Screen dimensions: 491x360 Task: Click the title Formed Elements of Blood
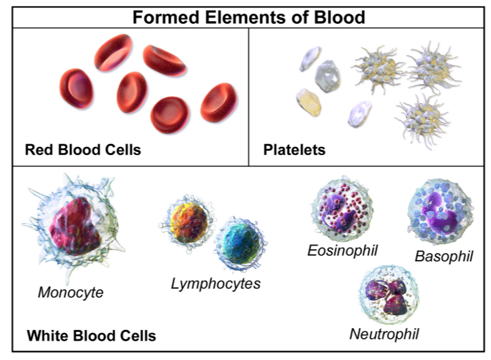point(249,17)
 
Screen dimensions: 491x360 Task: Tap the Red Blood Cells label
point(83,149)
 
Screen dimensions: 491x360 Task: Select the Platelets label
point(295,150)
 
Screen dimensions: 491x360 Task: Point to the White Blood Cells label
point(91,336)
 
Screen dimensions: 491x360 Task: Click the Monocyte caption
point(71,292)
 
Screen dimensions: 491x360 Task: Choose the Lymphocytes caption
point(216,284)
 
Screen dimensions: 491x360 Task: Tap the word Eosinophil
point(343,251)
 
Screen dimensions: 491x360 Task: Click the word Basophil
point(443,256)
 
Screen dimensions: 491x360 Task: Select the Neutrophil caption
point(384,334)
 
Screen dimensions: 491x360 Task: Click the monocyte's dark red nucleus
point(74,225)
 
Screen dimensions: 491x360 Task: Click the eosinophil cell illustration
point(342,209)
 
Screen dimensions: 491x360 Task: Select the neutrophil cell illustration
point(389,295)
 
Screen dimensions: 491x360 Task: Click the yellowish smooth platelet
point(308,102)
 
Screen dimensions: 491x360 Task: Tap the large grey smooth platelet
point(328,76)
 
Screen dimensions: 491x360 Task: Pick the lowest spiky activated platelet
point(422,120)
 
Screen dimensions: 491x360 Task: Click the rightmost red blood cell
point(219,102)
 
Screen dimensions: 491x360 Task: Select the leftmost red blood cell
point(76,89)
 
